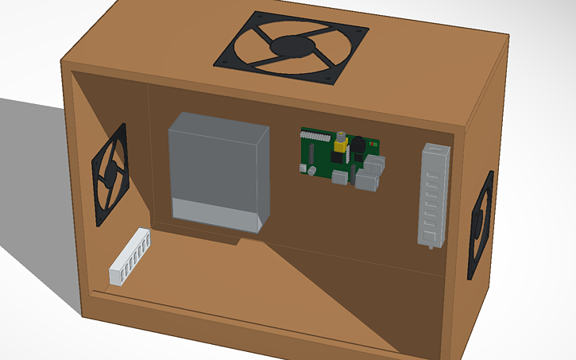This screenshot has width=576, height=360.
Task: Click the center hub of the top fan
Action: (292, 46)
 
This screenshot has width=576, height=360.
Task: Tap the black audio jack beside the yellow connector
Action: (357, 146)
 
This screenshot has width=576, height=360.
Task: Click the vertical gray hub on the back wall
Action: (434, 194)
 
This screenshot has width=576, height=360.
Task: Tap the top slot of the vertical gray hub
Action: (435, 155)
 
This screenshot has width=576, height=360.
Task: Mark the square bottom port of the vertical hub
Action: (430, 235)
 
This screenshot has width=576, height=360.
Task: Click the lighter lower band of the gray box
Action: (215, 212)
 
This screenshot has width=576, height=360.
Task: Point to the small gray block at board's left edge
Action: (303, 168)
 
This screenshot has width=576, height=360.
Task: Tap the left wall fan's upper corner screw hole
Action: (123, 127)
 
